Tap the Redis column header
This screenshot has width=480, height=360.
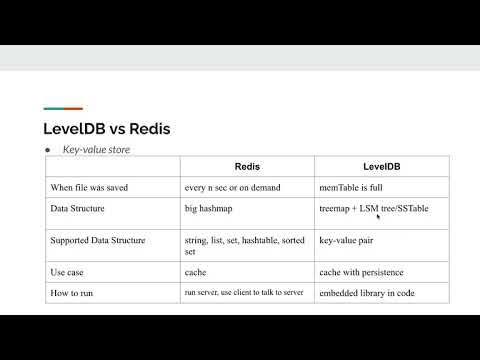coord(246,167)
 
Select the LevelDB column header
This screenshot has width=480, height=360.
coord(371,167)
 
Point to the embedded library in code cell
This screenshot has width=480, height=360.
coord(367,292)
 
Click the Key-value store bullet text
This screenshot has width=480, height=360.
coord(97,150)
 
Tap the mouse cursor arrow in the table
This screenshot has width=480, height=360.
coord(378,216)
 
